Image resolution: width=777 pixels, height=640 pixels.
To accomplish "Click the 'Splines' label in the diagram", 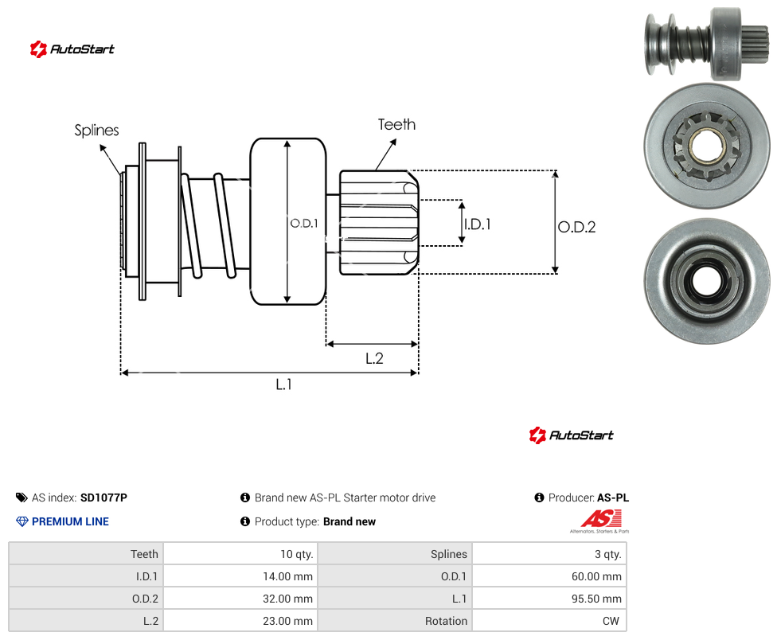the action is pyautogui.click(x=96, y=131).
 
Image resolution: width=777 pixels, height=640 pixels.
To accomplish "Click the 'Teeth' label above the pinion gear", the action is pyautogui.click(x=396, y=124).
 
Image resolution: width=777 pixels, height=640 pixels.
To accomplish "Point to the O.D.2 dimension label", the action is pyautogui.click(x=577, y=227).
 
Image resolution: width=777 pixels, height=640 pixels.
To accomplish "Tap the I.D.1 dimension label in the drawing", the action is pyautogui.click(x=478, y=224).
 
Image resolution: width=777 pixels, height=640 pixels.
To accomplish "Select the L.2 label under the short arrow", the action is pyautogui.click(x=374, y=358).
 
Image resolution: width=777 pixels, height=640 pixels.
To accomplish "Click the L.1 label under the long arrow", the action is pyautogui.click(x=283, y=384).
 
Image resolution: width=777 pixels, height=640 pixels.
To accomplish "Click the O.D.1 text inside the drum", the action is pyautogui.click(x=304, y=224).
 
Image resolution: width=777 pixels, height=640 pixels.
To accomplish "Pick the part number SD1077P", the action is pyautogui.click(x=103, y=498).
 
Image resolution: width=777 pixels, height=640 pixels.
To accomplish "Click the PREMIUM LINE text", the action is pyautogui.click(x=70, y=521).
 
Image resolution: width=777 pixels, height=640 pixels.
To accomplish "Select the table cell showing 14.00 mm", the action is pyautogui.click(x=240, y=576).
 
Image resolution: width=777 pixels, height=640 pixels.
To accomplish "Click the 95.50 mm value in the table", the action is pyautogui.click(x=549, y=599).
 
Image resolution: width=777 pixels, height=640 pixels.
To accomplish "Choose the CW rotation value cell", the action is pyautogui.click(x=549, y=621).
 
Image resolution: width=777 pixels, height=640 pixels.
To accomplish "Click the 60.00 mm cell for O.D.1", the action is pyautogui.click(x=549, y=576).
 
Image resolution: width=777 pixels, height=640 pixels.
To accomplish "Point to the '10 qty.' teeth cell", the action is pyautogui.click(x=240, y=554).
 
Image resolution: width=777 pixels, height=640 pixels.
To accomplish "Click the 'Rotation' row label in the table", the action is pyautogui.click(x=446, y=621).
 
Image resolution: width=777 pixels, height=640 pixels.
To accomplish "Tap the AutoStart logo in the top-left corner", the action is pyautogui.click(x=72, y=49).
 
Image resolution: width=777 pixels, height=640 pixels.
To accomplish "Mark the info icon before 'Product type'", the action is pyautogui.click(x=244, y=521).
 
